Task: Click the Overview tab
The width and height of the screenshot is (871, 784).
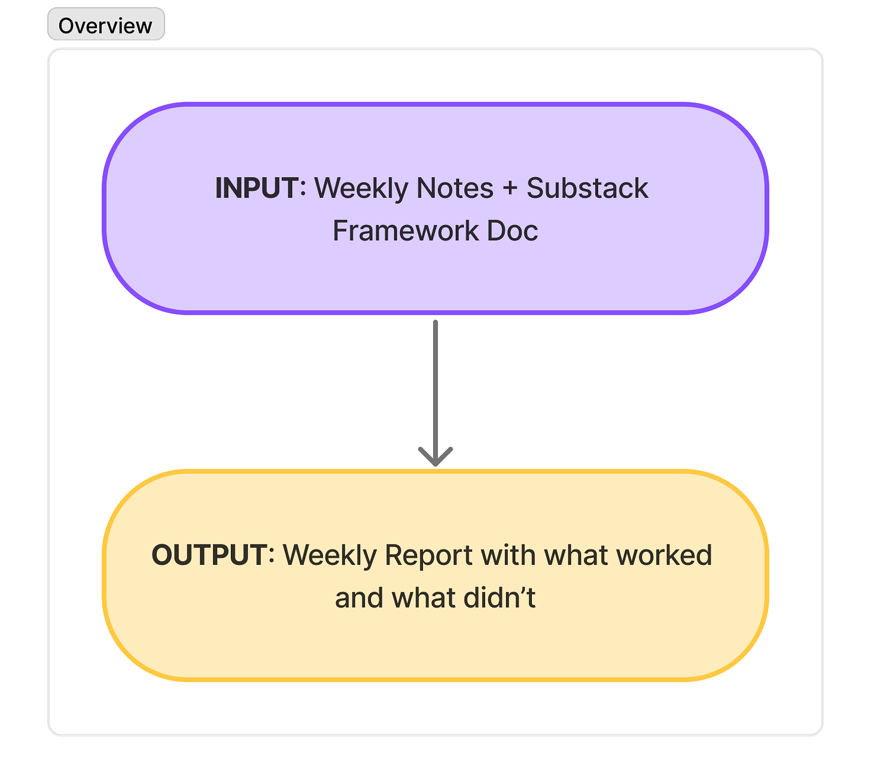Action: [106, 25]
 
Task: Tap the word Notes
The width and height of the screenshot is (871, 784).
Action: [455, 188]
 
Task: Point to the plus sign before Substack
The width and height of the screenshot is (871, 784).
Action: [510, 189]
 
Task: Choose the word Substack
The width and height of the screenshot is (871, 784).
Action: [587, 188]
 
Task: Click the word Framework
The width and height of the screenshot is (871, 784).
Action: [406, 230]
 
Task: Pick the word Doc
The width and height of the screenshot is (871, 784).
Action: [512, 230]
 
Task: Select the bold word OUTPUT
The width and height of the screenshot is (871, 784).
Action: [209, 555]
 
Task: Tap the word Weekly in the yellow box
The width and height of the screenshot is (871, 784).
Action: [330, 556]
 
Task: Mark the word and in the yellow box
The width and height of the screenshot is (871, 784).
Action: [359, 597]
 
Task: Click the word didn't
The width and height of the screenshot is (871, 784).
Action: [500, 597]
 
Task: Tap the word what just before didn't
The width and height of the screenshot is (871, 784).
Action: [424, 597]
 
